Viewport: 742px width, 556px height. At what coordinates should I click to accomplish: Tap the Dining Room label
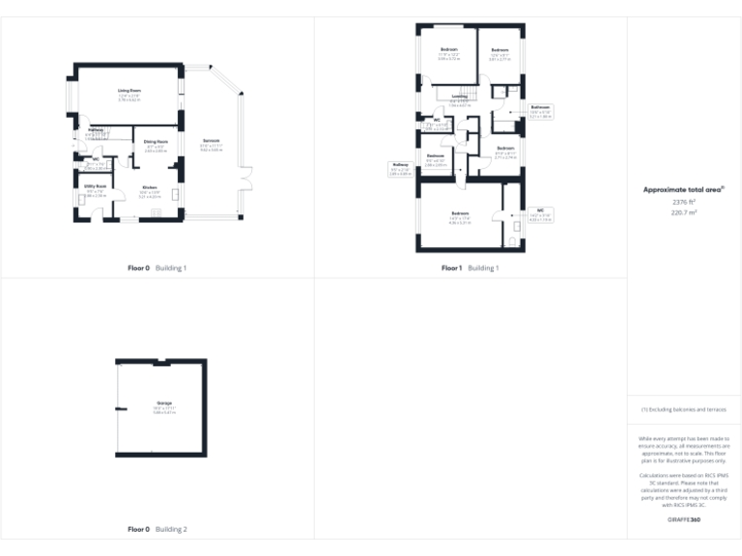(x=156, y=142)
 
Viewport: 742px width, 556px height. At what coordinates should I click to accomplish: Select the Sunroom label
(x=212, y=142)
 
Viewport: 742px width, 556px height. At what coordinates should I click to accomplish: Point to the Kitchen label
(x=150, y=187)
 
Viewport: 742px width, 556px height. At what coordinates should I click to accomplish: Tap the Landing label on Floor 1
(x=459, y=96)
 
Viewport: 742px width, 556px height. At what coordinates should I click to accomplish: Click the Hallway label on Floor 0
(x=96, y=129)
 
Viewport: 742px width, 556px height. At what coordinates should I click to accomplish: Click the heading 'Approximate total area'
(x=684, y=190)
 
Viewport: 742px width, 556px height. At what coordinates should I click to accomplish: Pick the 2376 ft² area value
(x=683, y=202)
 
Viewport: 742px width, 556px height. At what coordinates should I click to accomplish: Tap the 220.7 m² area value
(x=683, y=212)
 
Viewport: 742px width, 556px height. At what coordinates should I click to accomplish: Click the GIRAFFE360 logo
(x=683, y=520)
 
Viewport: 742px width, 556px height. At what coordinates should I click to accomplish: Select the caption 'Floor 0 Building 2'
(x=157, y=529)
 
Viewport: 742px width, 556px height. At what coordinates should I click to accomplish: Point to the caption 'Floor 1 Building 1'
(x=471, y=267)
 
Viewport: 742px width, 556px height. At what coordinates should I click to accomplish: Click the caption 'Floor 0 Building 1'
(x=157, y=267)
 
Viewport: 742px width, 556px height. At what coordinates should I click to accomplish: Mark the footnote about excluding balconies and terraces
(x=683, y=409)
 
